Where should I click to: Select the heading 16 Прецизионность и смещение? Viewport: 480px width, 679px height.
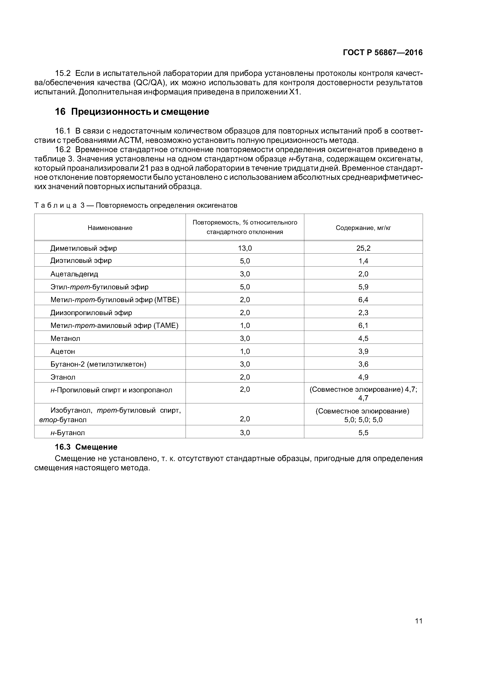point(132,112)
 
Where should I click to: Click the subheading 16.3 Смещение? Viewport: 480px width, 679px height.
point(86,447)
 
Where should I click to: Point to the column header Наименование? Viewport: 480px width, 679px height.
point(110,228)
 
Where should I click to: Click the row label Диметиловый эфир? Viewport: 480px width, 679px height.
point(84,248)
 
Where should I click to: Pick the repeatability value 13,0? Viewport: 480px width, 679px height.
point(245,248)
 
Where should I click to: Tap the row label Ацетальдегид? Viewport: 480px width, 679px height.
point(74,274)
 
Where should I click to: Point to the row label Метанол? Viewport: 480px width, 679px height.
point(65,338)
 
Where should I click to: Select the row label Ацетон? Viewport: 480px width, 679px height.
point(63,351)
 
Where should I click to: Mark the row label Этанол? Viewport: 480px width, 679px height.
point(63,377)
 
